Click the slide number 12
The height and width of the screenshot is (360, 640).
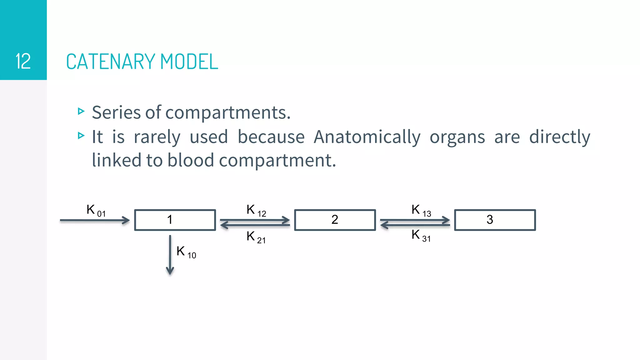coord(23,61)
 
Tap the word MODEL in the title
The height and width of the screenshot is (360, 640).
coord(189,62)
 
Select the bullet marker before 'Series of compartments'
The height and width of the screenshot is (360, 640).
coord(81,111)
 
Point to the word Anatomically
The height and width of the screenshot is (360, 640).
coord(367,137)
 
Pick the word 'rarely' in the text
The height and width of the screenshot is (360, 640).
coord(157,137)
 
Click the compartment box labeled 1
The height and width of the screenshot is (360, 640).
coord(175,220)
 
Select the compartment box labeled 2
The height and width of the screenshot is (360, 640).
coord(335,220)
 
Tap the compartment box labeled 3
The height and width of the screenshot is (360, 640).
coord(495,220)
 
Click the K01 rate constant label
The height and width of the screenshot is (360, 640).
coord(96,210)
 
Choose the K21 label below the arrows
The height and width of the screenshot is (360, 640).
coord(256,237)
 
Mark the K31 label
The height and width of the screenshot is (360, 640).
coord(421,235)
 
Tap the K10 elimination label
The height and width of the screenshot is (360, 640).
coord(186,252)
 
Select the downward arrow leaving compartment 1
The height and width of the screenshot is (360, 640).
coord(170,255)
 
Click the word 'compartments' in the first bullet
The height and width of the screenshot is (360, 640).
coord(228,112)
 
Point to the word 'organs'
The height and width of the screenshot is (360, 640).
coord(457,137)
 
